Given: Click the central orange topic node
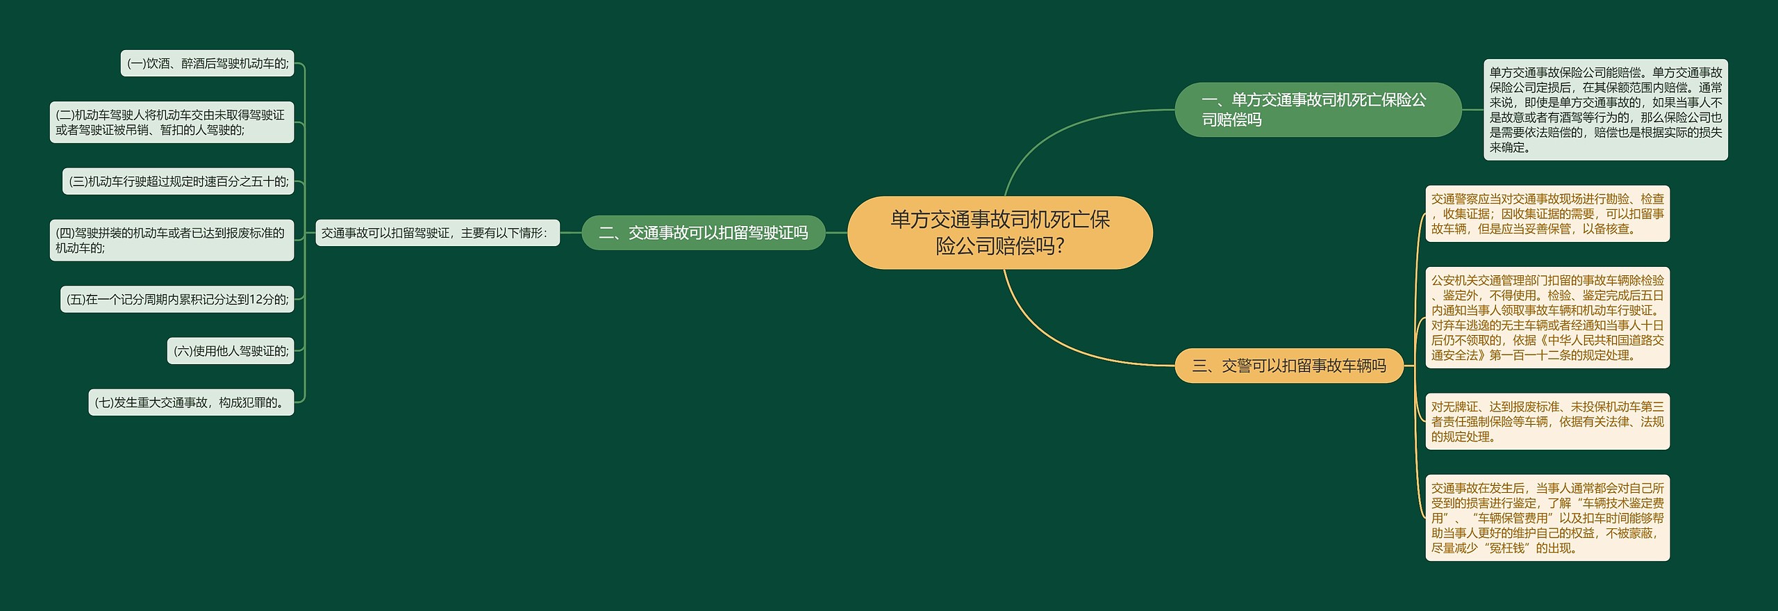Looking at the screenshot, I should (999, 233).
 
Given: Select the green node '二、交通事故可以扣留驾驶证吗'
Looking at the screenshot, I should (703, 233).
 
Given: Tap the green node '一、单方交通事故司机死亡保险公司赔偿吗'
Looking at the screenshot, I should (1318, 110).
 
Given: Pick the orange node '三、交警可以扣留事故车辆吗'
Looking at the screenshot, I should (1288, 366).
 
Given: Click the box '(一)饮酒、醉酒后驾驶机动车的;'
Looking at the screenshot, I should (207, 63).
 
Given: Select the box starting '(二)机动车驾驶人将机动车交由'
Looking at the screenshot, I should (172, 122).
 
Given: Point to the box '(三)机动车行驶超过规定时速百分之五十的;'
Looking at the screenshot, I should (178, 181).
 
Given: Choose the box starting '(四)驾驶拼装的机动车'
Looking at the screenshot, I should (172, 241).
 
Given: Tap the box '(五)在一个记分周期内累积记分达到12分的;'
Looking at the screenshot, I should (177, 300).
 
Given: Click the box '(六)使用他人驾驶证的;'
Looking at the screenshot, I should (231, 351).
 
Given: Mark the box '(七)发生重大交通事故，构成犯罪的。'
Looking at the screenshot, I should (191, 402).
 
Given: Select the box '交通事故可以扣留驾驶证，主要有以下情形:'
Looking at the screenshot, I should (437, 233).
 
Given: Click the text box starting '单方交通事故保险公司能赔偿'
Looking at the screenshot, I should (1605, 110).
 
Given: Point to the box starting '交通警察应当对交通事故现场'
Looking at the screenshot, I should (1547, 214).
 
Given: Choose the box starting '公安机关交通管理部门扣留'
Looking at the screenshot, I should (1547, 318).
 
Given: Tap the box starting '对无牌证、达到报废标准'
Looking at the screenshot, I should (1547, 421).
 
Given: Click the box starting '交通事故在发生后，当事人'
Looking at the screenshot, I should (1547, 518).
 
